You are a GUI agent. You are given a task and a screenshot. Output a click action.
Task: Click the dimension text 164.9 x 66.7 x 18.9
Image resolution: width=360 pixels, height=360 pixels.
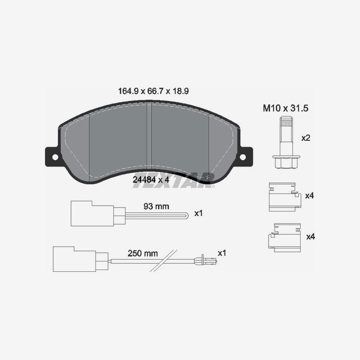click(153, 91)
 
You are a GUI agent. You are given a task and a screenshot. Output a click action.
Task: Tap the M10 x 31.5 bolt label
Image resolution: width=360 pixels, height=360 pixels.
click(285, 108)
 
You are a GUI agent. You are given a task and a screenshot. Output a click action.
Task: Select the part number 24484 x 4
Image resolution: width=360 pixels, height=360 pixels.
click(151, 180)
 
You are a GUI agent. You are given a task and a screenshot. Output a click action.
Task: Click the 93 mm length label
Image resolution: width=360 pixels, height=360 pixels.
click(156, 207)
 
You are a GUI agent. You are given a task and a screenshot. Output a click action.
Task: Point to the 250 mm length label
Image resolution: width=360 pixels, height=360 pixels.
click(143, 253)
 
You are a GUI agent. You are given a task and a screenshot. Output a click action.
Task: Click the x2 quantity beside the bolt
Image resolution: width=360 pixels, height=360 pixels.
click(306, 138)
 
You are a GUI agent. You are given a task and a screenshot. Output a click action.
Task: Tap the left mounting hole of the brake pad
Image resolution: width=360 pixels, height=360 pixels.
click(55, 157)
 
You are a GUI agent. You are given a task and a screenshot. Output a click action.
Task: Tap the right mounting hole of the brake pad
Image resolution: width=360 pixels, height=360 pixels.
click(243, 157)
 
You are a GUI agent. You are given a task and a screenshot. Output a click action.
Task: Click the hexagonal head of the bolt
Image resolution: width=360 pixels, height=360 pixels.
click(286, 162)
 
